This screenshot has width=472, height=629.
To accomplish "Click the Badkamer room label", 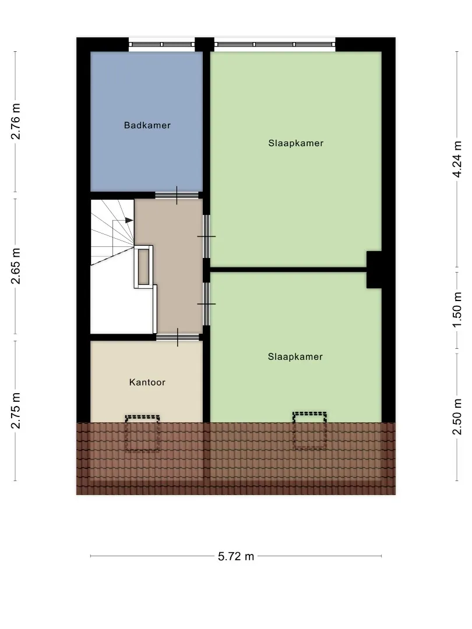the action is pos(147,126).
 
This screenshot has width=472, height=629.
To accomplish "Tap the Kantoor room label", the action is pos(147,382).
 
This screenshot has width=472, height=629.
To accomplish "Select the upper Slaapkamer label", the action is pos(296,143).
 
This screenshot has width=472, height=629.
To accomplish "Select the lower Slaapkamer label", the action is pos(295,356).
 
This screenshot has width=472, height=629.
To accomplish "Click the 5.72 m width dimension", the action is pos(236,556).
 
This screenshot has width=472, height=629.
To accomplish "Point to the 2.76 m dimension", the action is pos(16,122).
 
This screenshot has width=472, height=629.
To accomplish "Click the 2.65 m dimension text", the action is pos(16,266).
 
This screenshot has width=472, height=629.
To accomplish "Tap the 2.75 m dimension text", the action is pos(16,411).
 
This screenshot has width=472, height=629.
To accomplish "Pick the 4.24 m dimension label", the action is pos(457,159).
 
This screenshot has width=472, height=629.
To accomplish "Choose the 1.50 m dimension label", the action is pos(457,309).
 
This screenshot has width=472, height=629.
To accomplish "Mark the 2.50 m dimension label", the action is pos(457,417).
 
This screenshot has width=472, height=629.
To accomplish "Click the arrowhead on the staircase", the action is pos(129,220).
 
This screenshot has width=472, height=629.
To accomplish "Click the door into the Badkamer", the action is pos(177,195).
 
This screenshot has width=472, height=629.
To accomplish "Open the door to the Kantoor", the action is pos(178,337).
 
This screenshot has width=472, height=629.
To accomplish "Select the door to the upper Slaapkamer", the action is pos(206,236).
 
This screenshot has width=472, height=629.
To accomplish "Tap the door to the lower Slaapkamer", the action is pos(206,304).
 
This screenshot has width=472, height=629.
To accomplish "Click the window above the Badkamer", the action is pos(162,44).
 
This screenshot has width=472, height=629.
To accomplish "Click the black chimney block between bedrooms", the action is pos(374,270).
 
